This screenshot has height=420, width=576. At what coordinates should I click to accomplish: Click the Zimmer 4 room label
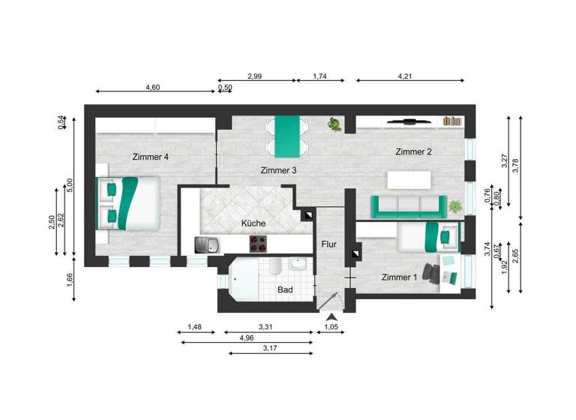tap(150, 157)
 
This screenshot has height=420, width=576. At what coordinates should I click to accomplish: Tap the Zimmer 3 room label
tap(279, 171)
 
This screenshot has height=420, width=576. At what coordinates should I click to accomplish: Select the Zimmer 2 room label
tap(413, 152)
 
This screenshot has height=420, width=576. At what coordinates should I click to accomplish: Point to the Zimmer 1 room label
tap(399, 277)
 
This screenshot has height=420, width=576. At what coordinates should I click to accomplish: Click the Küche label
tap(253, 223)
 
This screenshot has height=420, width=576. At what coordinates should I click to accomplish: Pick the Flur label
tap(328, 244)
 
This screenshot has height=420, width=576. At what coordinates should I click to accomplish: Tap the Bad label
tap(285, 289)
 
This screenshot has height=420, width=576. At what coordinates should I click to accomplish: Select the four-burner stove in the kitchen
tap(259, 244)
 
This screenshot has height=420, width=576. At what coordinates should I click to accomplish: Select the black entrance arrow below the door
tap(330, 319)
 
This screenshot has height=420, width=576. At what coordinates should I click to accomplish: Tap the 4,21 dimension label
tap(405, 76)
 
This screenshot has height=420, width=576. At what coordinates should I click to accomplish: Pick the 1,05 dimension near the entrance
tap(331, 328)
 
